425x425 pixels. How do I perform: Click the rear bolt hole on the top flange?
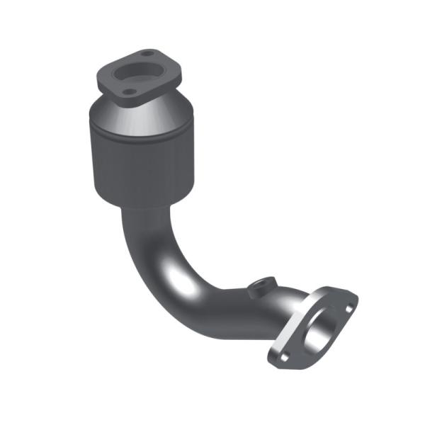click(147, 55)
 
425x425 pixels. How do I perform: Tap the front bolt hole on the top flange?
click(127, 91)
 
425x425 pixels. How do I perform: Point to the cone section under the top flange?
click(142, 117)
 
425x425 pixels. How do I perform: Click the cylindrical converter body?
click(138, 163)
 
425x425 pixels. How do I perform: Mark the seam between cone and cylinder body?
click(138, 133)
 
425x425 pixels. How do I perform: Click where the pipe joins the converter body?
click(142, 210)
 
